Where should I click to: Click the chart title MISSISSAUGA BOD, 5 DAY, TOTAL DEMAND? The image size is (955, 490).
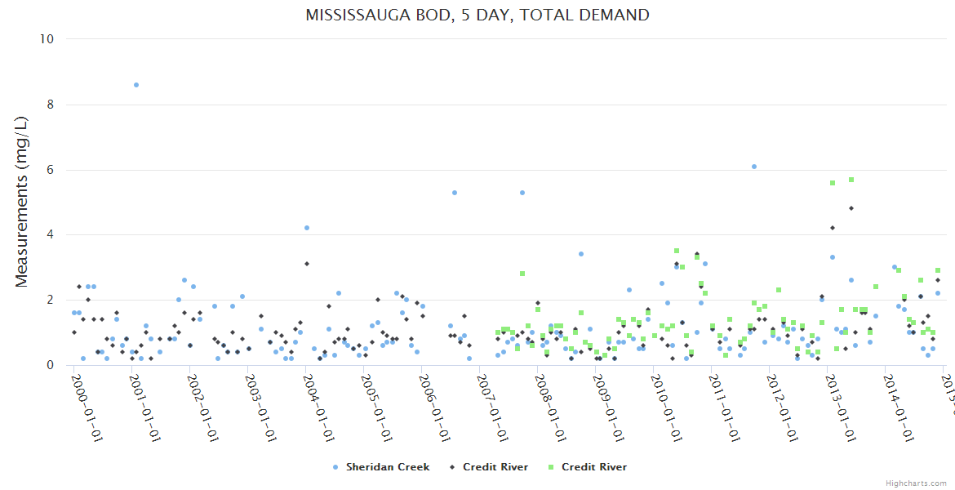[477, 16]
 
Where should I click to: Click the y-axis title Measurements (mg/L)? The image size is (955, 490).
[22, 202]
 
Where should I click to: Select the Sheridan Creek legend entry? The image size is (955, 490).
[378, 467]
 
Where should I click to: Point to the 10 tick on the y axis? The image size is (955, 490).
[48, 39]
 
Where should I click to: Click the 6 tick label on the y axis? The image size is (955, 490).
[51, 170]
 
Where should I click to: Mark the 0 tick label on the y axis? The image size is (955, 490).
[51, 365]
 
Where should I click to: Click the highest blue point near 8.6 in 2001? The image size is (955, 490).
[136, 85]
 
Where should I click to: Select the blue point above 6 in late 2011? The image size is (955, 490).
[754, 167]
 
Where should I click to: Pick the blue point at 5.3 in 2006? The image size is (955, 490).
[455, 193]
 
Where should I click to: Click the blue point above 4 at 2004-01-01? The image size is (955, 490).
[307, 228]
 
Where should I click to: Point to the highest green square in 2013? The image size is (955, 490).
[851, 180]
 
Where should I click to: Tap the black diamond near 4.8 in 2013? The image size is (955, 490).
[851, 208]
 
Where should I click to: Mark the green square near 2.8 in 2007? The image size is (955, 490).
[522, 274]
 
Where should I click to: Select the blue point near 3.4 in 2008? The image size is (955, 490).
[581, 254]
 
